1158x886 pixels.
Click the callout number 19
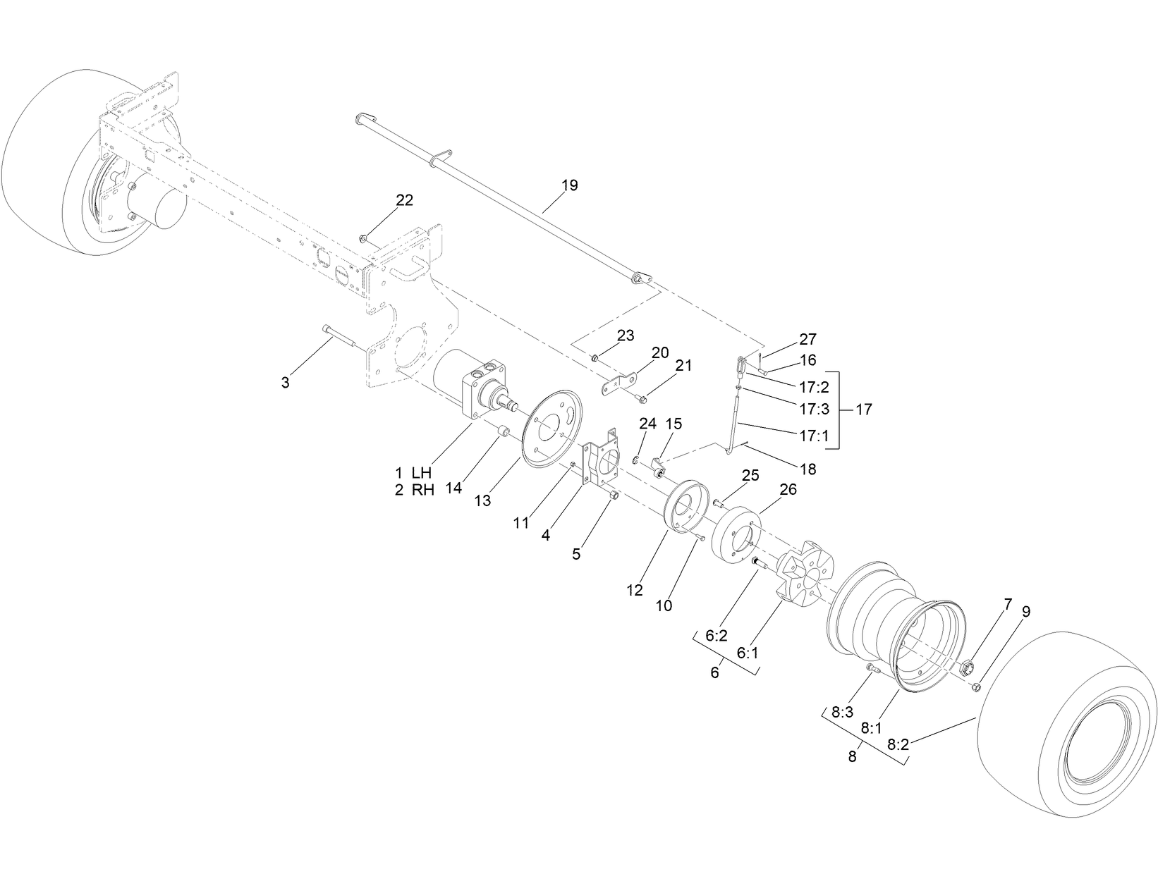[x=569, y=185]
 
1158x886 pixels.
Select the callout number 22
[x=404, y=200]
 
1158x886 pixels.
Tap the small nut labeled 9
[x=977, y=687]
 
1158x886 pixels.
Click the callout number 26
[x=787, y=488]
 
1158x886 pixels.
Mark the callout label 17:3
[x=814, y=409]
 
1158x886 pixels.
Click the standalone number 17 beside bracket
[x=863, y=409]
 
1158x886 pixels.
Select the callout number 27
[x=807, y=339]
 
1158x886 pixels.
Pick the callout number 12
[x=635, y=591]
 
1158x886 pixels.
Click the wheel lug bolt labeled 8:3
[x=872, y=667]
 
